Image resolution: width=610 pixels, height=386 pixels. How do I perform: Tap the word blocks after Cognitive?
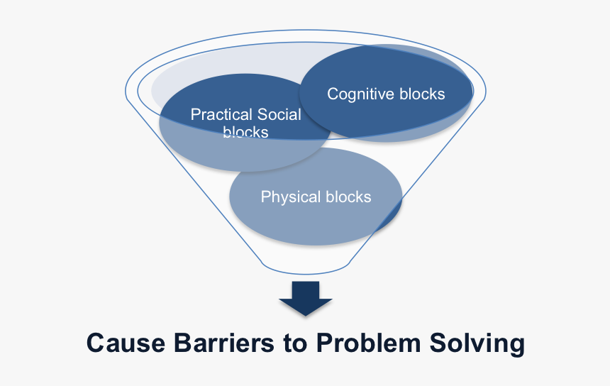pos(422,94)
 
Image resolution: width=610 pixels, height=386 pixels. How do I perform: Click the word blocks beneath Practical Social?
pos(245,132)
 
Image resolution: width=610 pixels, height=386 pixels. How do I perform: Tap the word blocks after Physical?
pos(348,197)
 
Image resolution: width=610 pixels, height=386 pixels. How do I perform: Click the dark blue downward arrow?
pos(305,297)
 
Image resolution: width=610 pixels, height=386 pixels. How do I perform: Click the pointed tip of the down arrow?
pos(305,313)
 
